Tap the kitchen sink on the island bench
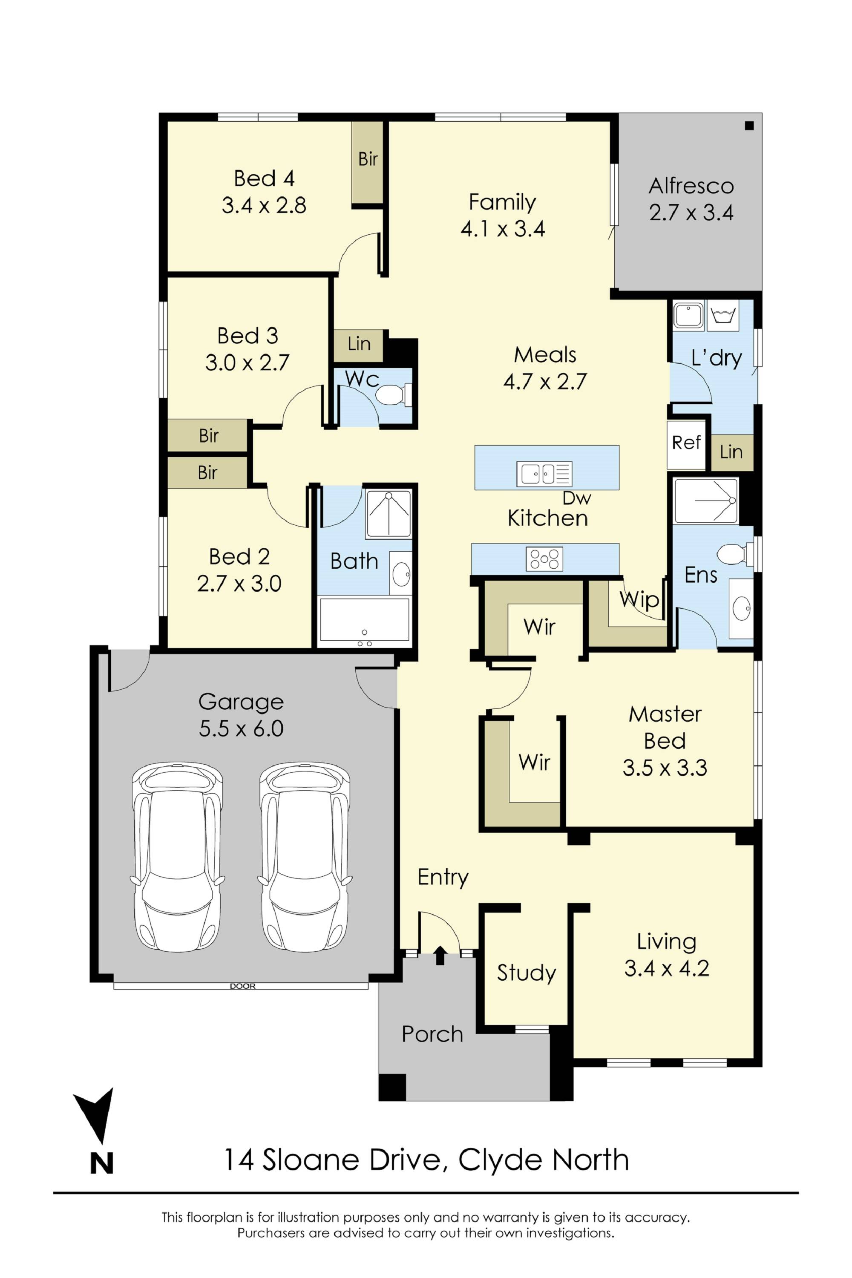[x=544, y=474]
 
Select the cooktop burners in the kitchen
[x=544, y=559]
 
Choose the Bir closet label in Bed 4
[x=368, y=159]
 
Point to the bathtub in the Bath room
[x=364, y=621]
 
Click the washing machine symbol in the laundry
[x=722, y=315]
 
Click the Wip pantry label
[x=639, y=600]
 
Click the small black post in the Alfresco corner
[x=749, y=126]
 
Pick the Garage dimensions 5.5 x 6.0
[x=241, y=728]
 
